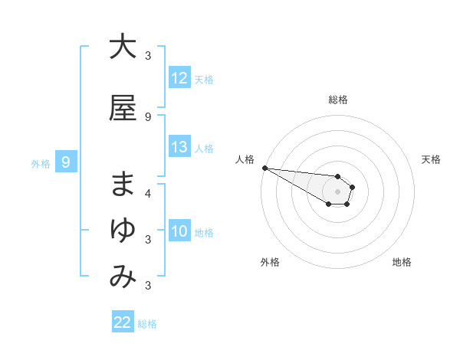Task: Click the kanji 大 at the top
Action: click(123, 47)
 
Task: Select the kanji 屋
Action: click(123, 107)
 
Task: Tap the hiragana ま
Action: click(123, 185)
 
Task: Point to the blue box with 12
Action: click(179, 78)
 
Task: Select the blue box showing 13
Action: click(179, 147)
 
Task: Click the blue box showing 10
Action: click(179, 231)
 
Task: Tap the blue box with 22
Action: click(123, 322)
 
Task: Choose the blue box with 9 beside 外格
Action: click(66, 162)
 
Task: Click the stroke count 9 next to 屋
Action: click(148, 116)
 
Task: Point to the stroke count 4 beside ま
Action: click(148, 193)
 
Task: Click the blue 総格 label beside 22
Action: click(147, 324)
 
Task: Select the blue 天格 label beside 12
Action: click(204, 79)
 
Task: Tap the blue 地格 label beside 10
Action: click(204, 232)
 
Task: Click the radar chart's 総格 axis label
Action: click(337, 100)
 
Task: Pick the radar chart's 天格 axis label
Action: click(432, 159)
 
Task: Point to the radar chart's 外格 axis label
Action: click(270, 262)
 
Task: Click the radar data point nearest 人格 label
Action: click(264, 168)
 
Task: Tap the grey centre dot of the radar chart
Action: click(337, 191)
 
